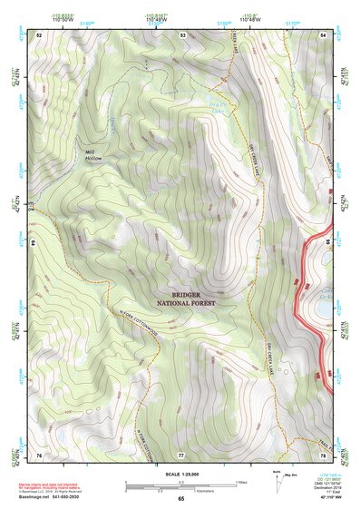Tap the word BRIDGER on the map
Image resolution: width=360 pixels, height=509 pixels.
[x=185, y=294]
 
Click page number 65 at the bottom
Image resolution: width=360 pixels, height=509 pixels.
[x=180, y=499]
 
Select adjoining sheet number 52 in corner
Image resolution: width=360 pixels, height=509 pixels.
[x=39, y=34]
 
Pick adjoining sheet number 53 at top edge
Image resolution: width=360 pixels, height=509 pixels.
[x=182, y=34]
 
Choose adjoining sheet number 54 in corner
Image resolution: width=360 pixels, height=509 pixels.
[x=324, y=34]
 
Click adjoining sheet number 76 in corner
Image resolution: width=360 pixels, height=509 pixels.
[x=39, y=453]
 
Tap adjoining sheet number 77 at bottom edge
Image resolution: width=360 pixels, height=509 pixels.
[x=181, y=453]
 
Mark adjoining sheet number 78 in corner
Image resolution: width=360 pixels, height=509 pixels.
[x=324, y=453]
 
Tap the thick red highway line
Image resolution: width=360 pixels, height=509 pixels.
[x=307, y=299]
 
